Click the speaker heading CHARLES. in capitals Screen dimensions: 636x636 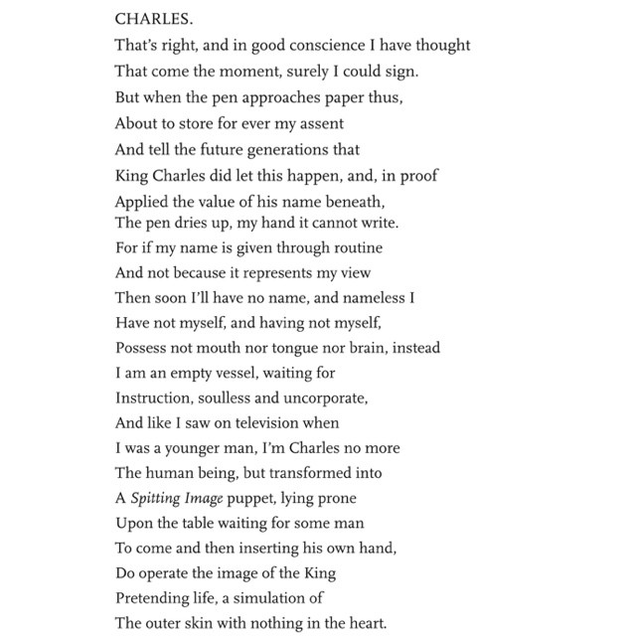pos(148,19)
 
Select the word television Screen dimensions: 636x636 pos(258,423)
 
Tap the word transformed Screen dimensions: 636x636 pos(320,473)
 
